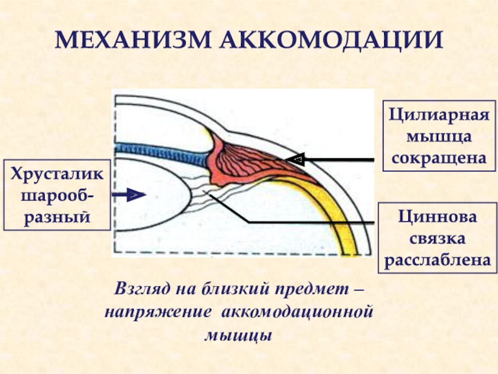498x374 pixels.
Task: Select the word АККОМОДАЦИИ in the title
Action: pyautogui.click(x=332, y=41)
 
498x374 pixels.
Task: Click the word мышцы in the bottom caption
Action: pyautogui.click(x=240, y=334)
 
